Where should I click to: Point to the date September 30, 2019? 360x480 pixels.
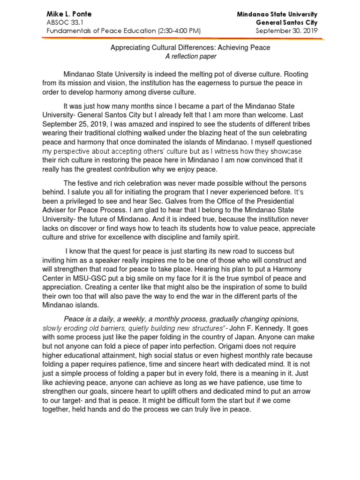[286, 31]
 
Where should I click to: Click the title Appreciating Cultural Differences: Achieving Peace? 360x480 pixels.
[190, 47]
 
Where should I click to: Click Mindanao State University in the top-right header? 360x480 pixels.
[277, 14]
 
